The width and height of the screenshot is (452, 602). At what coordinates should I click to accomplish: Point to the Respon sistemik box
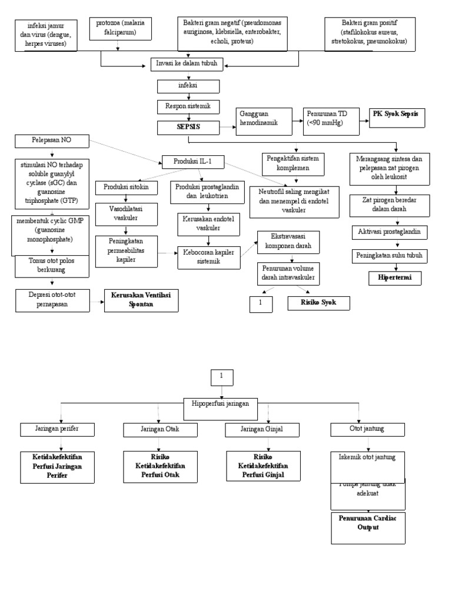coord(188,106)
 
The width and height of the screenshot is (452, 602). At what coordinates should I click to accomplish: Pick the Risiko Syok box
coord(318,303)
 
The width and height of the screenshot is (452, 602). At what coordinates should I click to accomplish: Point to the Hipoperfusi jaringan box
coord(221,403)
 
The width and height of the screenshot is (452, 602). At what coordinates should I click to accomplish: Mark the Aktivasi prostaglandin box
coord(389,232)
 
